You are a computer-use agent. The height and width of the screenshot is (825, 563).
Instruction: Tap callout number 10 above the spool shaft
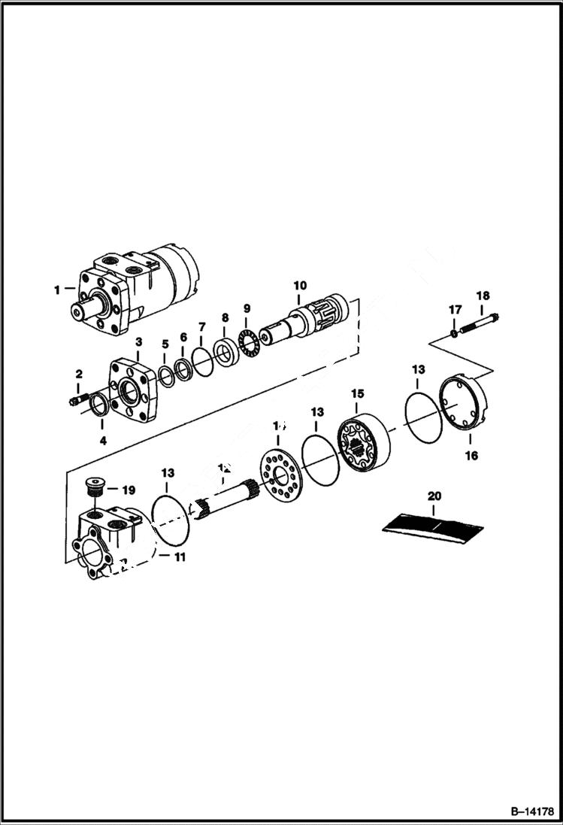(x=300, y=285)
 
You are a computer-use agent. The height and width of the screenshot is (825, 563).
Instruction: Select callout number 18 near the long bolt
(x=482, y=296)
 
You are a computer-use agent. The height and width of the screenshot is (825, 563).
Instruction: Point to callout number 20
(x=434, y=496)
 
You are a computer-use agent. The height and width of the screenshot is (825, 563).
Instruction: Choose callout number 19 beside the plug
(x=128, y=490)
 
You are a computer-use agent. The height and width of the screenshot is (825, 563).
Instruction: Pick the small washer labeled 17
(x=454, y=333)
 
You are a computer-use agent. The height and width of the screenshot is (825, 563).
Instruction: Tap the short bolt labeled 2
(x=77, y=401)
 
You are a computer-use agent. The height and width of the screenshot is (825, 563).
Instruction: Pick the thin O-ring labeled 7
(x=201, y=359)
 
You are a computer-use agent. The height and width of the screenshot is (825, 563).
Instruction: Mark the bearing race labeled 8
(x=224, y=352)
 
